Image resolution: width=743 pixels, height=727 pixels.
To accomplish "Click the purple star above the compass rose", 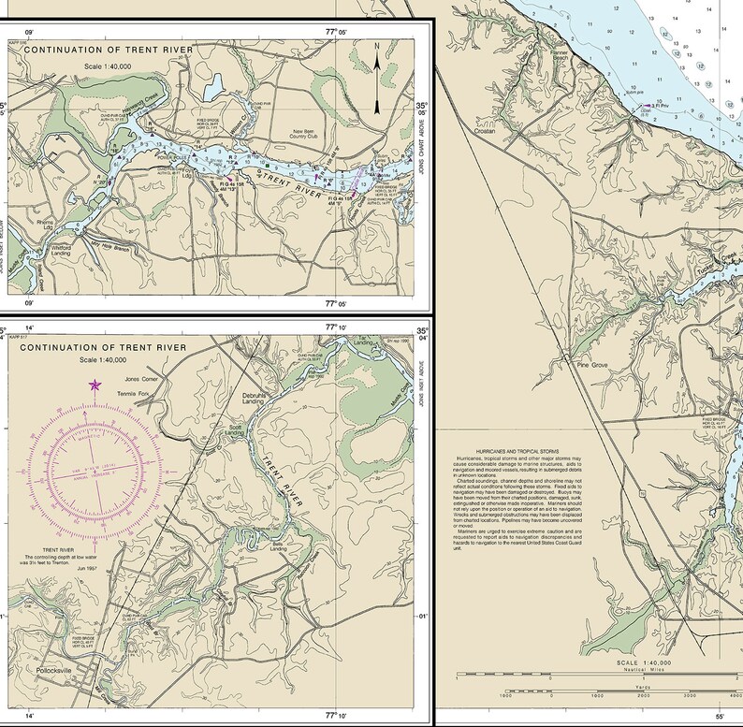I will [94, 385].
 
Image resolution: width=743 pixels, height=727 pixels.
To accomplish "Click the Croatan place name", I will [484, 132].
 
